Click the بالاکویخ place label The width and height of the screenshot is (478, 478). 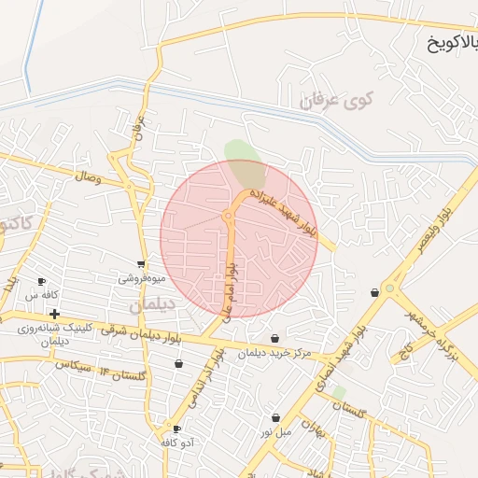click(x=453, y=42)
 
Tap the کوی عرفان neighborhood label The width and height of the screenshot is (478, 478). click(x=337, y=100)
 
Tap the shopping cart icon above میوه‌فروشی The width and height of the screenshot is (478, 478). click(x=141, y=265)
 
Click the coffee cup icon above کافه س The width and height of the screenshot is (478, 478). click(x=41, y=281)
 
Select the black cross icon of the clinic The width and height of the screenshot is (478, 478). click(x=55, y=314)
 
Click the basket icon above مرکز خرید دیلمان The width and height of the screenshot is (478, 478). click(x=274, y=338)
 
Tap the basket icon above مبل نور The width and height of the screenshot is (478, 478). click(x=276, y=417)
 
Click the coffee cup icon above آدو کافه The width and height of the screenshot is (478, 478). click(x=176, y=429)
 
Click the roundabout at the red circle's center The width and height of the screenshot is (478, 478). click(x=228, y=217)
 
